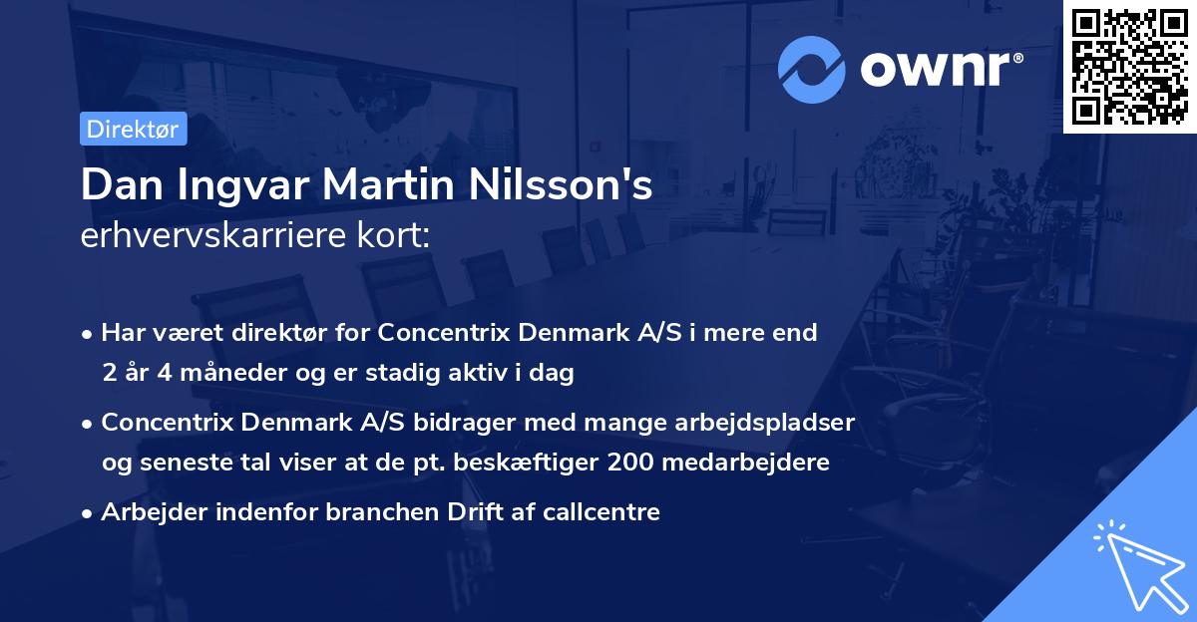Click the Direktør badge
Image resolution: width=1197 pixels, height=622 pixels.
[133, 129]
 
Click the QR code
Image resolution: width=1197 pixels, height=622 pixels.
[1129, 66]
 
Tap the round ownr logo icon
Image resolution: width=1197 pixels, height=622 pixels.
[812, 69]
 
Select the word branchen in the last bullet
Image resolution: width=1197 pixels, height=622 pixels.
[407, 512]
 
